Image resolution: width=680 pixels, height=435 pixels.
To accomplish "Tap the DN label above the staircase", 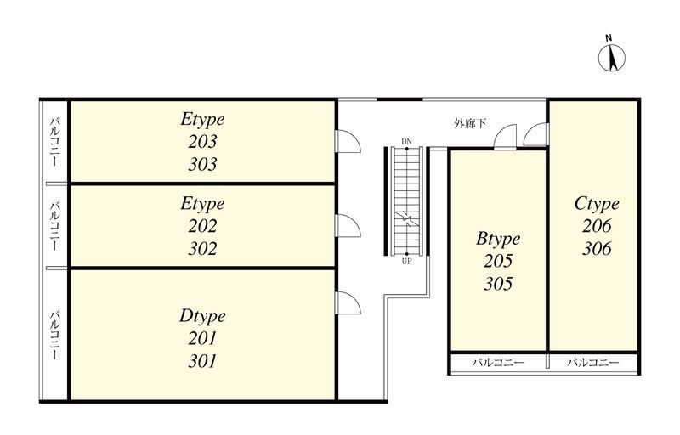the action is pos(406,142).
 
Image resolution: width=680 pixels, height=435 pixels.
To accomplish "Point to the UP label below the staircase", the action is pos(406,261).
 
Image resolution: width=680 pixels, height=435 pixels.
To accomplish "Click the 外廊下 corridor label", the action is pos(470,123).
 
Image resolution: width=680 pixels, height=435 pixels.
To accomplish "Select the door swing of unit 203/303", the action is pos(348,141).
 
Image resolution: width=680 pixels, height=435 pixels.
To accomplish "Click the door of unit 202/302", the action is pos(348,226).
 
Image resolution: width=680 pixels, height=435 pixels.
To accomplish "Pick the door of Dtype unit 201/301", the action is pos(348,302).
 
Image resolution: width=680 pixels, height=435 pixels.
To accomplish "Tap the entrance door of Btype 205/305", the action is pos(505,137).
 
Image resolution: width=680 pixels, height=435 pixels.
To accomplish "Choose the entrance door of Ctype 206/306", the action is pos(536,134).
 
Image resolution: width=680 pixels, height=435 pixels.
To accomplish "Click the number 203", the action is pos(202,141).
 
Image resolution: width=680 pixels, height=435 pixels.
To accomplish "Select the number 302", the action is pos(202,248).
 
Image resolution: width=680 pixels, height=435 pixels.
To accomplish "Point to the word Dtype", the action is pos(202,316).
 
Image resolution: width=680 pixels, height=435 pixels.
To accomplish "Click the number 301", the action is pos(202,361).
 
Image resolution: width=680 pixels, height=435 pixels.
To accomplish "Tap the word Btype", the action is pos(498,239).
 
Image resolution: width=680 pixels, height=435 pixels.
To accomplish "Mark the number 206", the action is pos(597,226).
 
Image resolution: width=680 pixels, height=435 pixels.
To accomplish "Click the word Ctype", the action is pos(597,204).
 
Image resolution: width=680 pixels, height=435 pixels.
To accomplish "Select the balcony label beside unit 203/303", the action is pos(54,141).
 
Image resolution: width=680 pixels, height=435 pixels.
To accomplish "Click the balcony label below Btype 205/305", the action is pos(498,362).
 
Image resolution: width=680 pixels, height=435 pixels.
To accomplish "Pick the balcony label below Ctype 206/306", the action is pos(592,362).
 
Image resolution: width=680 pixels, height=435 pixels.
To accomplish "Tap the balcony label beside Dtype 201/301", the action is pos(54,335).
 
